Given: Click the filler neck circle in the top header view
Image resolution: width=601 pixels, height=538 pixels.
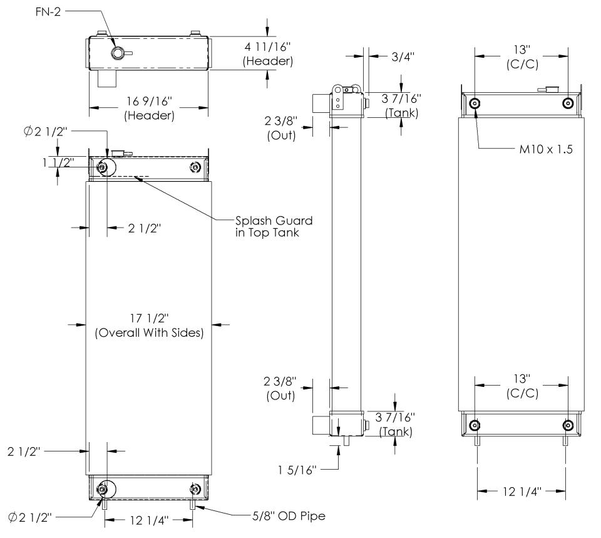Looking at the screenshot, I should (x=117, y=53).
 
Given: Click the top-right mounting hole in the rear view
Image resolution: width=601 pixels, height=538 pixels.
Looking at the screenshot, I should (x=567, y=103).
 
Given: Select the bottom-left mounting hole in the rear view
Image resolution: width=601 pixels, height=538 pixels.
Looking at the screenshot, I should (x=475, y=425).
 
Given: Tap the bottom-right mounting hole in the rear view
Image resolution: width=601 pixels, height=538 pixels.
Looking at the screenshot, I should (x=567, y=425).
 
